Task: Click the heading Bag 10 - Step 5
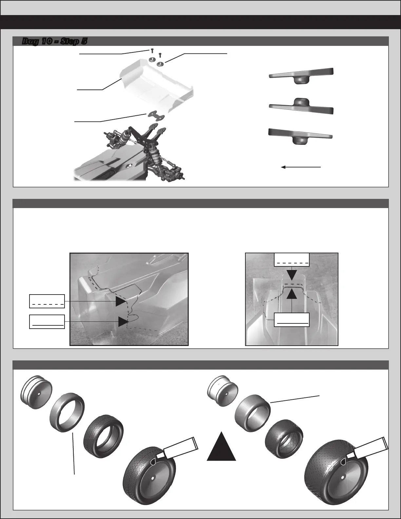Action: tap(54, 41)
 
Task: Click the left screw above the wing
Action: tap(151, 51)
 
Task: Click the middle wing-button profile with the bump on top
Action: tap(301, 106)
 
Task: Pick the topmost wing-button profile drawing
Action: tap(301, 75)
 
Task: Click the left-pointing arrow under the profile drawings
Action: tap(301, 167)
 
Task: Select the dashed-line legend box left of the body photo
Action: tap(47, 301)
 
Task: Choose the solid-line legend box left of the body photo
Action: tap(47, 322)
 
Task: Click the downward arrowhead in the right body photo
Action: tap(292, 275)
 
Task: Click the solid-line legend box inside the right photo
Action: tap(292, 319)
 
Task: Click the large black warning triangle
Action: tap(221, 446)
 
